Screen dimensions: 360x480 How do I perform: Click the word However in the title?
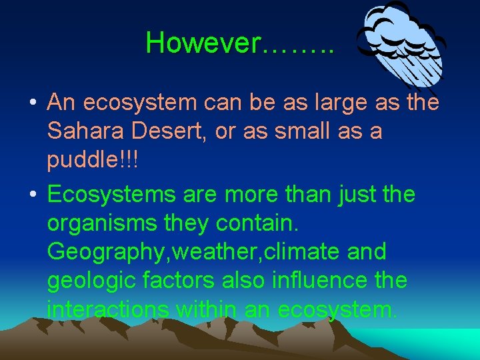coord(203,43)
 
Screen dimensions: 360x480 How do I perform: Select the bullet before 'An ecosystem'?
coord(32,103)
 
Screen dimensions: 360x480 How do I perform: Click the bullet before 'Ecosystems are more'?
coord(32,195)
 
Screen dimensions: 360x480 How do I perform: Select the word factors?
coord(177,281)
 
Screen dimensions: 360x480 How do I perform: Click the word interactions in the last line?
coord(107,310)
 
